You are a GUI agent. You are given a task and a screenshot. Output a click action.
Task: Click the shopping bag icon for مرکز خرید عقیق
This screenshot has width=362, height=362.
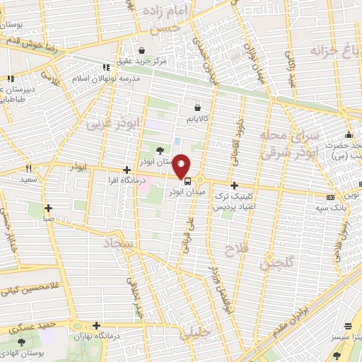143,51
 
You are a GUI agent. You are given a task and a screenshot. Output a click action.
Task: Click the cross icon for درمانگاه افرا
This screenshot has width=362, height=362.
127,170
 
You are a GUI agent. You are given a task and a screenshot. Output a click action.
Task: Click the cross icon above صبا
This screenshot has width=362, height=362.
48,208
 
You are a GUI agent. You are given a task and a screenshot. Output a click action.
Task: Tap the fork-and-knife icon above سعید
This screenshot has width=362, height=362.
28,168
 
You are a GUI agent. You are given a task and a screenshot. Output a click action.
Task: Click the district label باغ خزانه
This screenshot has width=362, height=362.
333,51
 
